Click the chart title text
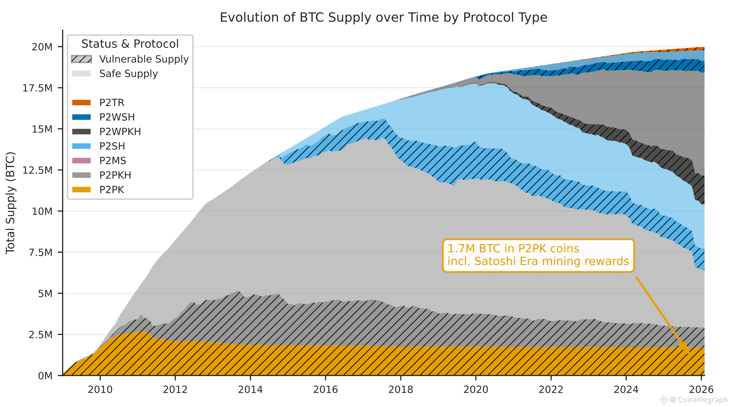click(x=383, y=18)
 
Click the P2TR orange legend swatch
click(x=81, y=102)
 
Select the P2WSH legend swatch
click(x=81, y=117)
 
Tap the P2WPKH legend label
click(x=120, y=132)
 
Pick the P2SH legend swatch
click(x=81, y=146)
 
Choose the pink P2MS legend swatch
click(x=81, y=160)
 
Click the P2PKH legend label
click(x=115, y=175)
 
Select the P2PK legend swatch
click(x=81, y=189)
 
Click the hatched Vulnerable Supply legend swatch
click(x=81, y=59)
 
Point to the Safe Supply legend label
click(x=128, y=74)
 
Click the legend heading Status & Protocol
click(x=130, y=44)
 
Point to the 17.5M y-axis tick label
click(x=37, y=88)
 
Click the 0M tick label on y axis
click(x=45, y=376)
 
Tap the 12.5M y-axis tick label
click(x=37, y=170)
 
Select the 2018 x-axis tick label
click(x=401, y=390)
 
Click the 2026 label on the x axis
click(x=701, y=390)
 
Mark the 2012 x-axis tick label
click(x=175, y=390)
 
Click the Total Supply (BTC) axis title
click(x=10, y=203)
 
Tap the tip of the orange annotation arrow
click(x=689, y=352)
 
